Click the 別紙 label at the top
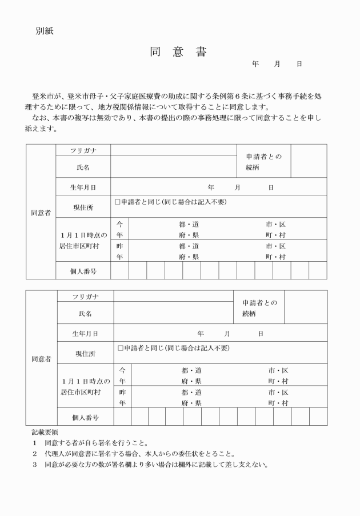click(x=45, y=31)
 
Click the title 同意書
click(x=178, y=52)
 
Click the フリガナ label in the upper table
click(x=83, y=150)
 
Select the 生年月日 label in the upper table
click(x=83, y=187)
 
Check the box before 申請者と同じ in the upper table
click(x=117, y=202)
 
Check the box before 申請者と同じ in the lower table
click(x=120, y=347)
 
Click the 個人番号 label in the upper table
click(x=83, y=270)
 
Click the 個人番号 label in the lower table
click(x=85, y=417)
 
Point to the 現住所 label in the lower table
click(x=85, y=353)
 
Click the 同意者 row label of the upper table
click(x=41, y=213)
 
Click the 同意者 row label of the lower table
click(x=41, y=359)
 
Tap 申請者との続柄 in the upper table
click(x=263, y=161)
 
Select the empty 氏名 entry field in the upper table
click(x=174, y=167)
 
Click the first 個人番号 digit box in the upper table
click(x=119, y=270)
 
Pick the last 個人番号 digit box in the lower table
click(x=318, y=417)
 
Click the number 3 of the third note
click(x=35, y=464)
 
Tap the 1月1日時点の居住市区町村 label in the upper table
click(x=83, y=240)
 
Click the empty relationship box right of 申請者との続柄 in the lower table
click(x=305, y=307)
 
